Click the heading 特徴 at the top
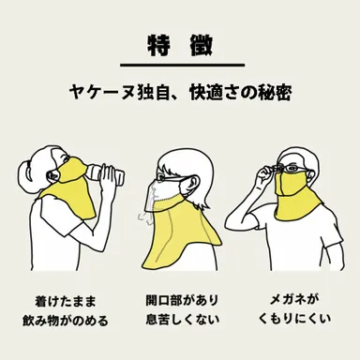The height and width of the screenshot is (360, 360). click(x=180, y=44)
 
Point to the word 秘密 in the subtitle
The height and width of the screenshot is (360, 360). click(x=273, y=94)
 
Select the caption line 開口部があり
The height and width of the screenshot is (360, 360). click(x=181, y=302)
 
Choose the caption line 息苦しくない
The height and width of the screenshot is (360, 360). click(x=181, y=322)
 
